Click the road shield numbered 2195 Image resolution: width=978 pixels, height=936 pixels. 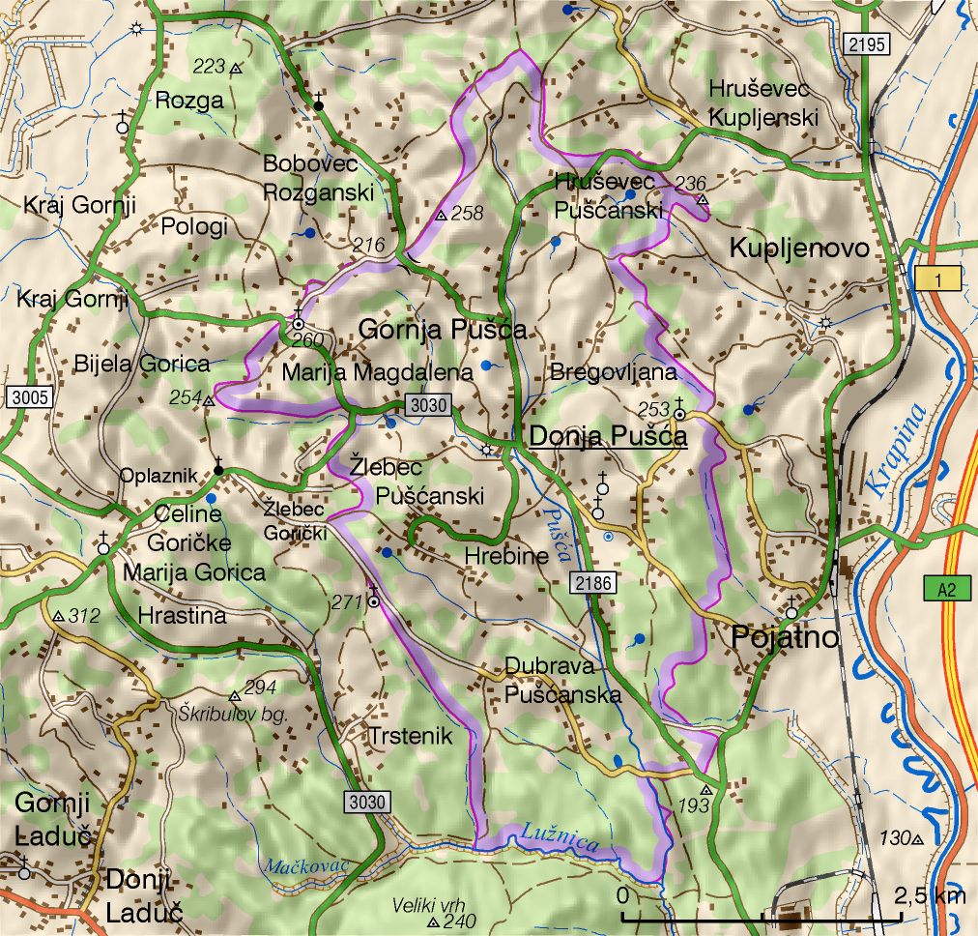click(863, 44)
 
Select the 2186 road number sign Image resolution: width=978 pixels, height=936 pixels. click(590, 582)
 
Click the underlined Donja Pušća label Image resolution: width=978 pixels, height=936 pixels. click(608, 437)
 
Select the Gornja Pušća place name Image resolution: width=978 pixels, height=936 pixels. click(443, 330)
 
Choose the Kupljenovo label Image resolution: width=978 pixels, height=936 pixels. click(799, 248)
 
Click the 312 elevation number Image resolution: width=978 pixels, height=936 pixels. click(85, 615)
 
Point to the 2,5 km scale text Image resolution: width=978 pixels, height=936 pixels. click(928, 895)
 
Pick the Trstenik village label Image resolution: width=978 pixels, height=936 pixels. click(410, 736)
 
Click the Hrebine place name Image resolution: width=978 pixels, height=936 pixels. click(505, 556)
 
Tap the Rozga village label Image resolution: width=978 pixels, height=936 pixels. click(188, 100)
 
